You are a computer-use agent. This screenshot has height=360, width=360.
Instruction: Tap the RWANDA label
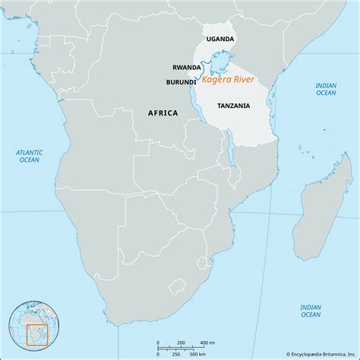pos(187,67)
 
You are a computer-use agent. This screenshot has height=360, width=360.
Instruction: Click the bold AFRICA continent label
pos(163,113)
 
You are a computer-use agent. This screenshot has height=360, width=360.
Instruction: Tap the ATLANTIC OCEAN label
pos(30,156)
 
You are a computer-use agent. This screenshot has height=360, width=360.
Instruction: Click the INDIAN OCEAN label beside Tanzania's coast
pos(326,89)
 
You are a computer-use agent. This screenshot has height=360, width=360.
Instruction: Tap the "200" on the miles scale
pos(182,344)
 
